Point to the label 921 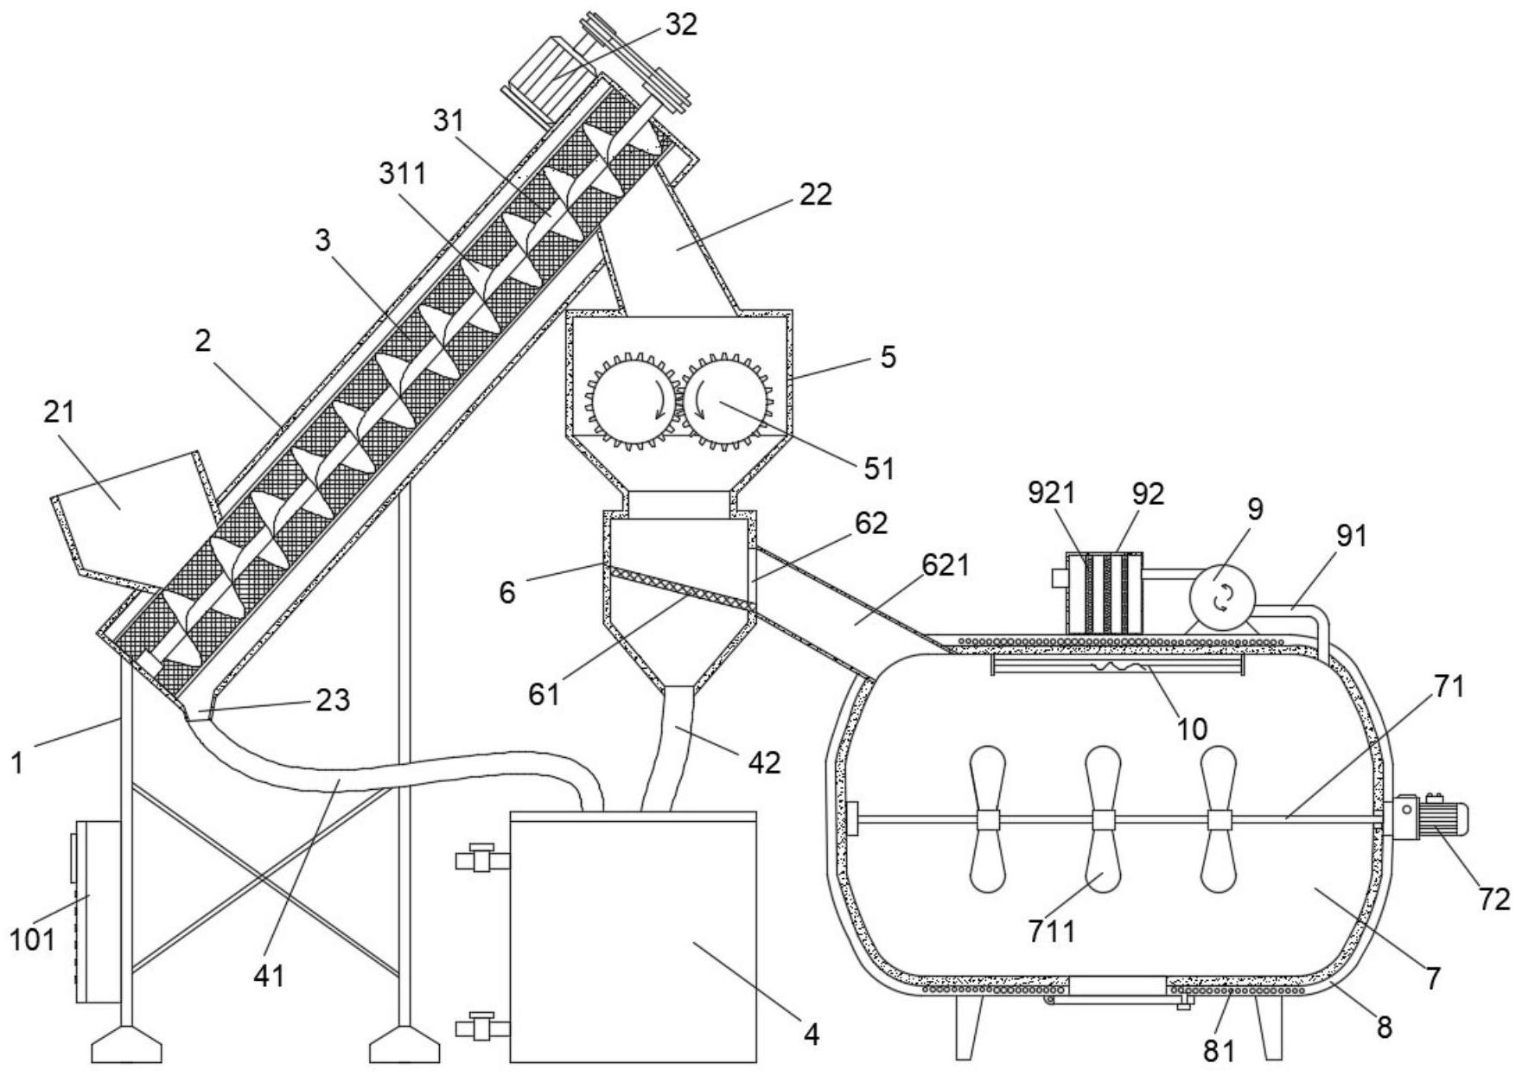(x=1051, y=493)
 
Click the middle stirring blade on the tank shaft (x=1101, y=818)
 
